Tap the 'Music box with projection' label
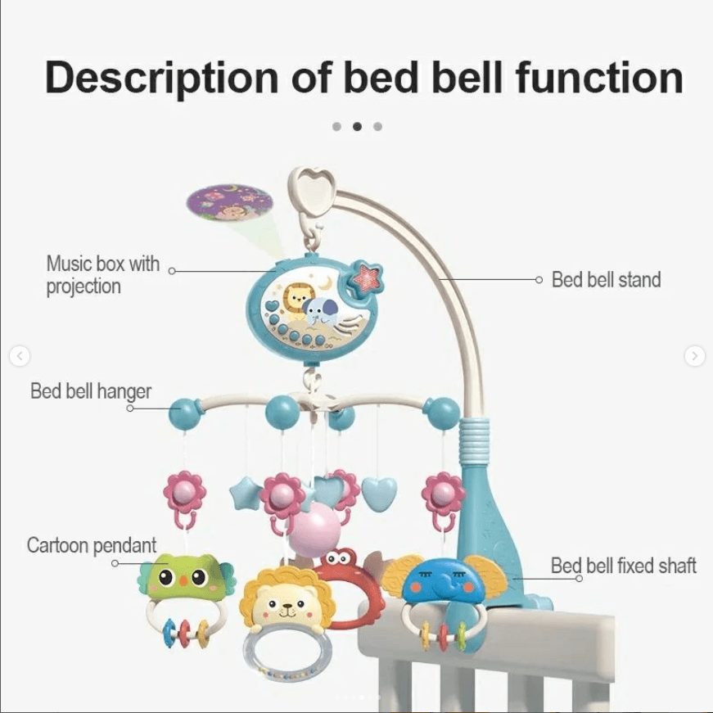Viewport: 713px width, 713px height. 102,276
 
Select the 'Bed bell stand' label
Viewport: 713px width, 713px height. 606,280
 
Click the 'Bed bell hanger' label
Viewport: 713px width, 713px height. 91,391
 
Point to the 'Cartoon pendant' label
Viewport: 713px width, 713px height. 92,545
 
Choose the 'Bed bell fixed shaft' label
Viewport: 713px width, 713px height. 623,565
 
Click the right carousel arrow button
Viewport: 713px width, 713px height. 694,356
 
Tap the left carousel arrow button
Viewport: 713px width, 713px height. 20,356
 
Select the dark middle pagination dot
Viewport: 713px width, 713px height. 357,126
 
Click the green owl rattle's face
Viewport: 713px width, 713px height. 181,577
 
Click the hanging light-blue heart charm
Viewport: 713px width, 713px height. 379,494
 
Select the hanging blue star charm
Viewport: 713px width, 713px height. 245,494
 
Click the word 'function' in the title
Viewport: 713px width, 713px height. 599,78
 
